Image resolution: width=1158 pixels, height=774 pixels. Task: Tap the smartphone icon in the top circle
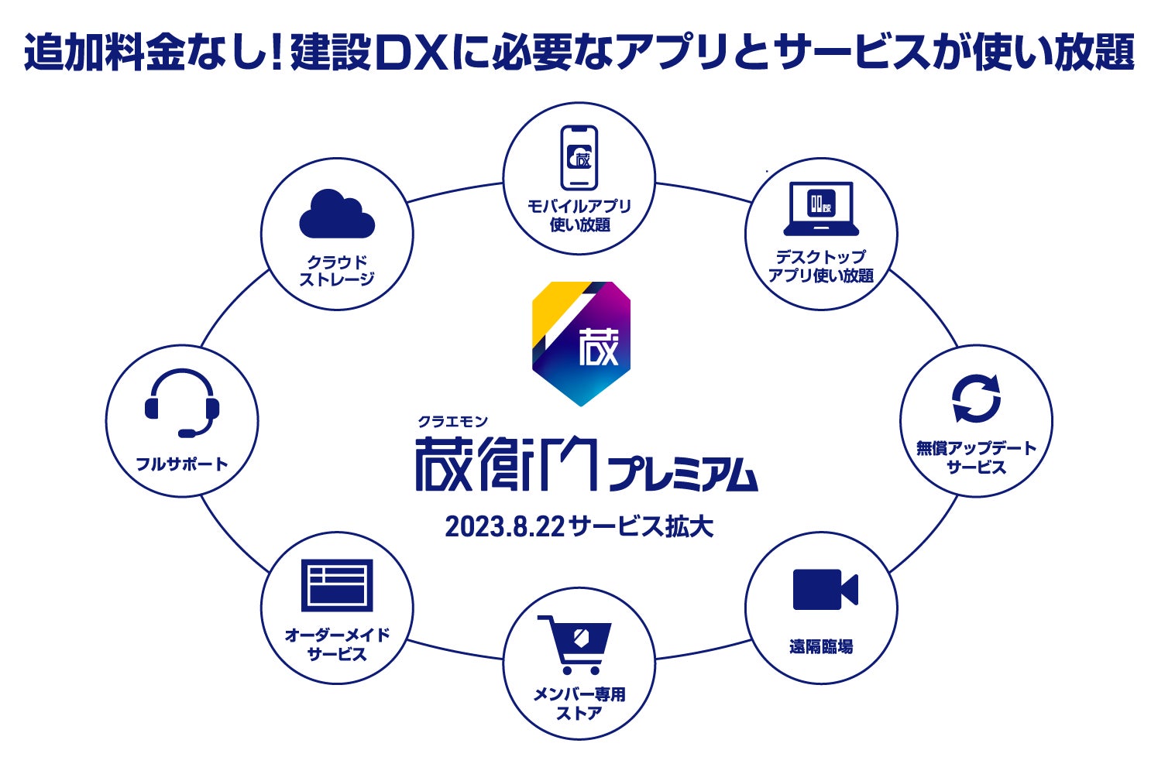coord(579,157)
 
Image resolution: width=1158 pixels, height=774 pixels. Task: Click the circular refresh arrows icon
coord(976,399)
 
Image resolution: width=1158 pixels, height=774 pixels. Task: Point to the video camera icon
coord(825,590)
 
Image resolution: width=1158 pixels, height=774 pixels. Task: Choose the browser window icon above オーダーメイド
coord(337,585)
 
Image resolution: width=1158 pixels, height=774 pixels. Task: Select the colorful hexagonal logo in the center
coord(581,343)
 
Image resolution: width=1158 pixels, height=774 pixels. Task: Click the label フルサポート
coord(182,464)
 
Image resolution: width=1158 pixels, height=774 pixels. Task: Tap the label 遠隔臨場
coord(821,646)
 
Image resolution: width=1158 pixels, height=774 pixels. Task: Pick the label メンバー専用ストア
coord(579,704)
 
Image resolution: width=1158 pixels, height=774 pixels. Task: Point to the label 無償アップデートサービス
coord(976,457)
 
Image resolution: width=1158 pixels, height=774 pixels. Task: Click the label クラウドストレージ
coord(337,271)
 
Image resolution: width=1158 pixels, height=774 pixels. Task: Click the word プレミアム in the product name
coord(683,474)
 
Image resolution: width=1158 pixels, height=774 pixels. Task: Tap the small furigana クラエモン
coord(453,421)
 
